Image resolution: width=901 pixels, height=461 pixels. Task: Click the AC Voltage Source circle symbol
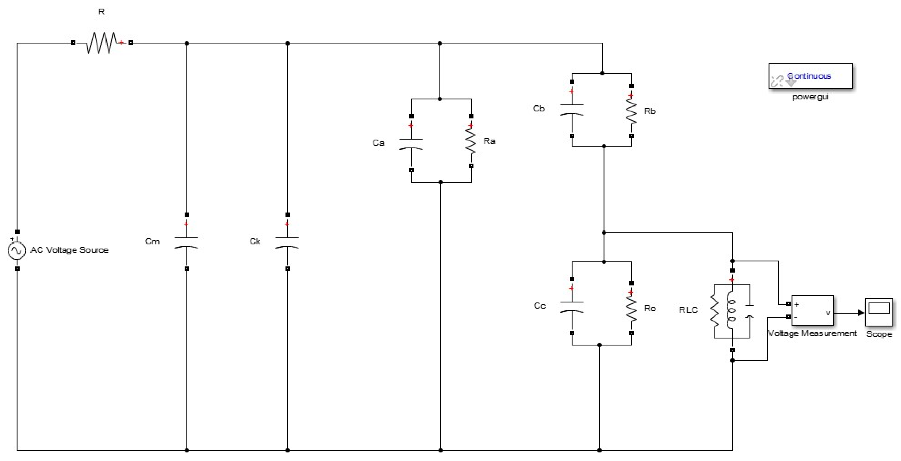[16, 250]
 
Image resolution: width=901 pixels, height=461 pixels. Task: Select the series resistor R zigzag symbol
[101, 43]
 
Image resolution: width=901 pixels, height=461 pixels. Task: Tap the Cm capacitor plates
[186, 242]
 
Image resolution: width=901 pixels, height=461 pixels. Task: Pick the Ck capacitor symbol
[287, 242]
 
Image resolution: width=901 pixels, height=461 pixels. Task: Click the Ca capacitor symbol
[411, 144]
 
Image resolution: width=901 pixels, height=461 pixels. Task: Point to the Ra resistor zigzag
[471, 142]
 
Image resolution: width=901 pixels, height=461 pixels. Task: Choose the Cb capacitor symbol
[571, 110]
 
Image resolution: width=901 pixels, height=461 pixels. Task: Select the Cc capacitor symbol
[571, 307]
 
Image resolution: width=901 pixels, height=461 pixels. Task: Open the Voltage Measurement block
[812, 310]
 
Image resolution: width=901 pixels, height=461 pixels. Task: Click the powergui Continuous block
[810, 76]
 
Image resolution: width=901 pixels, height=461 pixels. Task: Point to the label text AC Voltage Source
[69, 250]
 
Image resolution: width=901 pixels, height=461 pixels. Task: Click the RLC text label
[688, 310]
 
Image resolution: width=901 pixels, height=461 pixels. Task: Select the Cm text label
[152, 241]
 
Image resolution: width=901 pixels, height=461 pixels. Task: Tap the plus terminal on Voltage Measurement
[788, 303]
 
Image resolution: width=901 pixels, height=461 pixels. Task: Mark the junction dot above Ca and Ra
[440, 99]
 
